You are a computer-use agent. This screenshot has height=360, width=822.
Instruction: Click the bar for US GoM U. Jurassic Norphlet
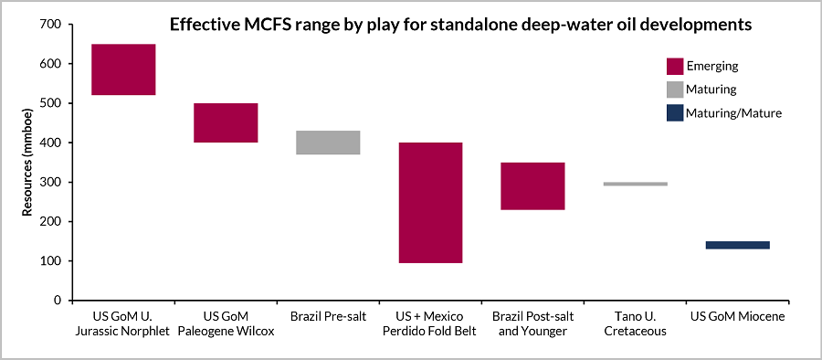(123, 69)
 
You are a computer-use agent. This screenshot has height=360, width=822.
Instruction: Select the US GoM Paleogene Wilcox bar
(226, 122)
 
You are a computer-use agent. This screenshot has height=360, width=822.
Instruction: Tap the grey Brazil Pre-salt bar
(328, 143)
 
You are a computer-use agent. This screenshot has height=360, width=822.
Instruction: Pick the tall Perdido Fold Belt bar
(430, 202)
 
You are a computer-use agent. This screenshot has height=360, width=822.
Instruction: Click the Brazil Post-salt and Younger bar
(532, 186)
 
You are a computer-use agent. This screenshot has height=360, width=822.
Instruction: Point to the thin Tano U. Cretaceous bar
(635, 184)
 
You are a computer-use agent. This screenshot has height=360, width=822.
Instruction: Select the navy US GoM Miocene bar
(737, 245)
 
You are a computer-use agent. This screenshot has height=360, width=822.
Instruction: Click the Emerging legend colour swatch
(674, 66)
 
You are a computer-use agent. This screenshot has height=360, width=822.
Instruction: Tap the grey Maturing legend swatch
(674, 90)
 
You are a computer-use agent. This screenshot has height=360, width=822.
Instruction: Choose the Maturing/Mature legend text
(734, 113)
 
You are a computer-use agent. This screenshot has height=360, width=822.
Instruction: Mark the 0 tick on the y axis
(56, 301)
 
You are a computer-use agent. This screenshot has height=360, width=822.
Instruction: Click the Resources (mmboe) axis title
(28, 163)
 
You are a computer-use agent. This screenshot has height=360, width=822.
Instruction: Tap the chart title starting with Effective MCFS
(460, 25)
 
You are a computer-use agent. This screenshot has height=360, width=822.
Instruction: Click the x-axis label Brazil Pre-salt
(328, 317)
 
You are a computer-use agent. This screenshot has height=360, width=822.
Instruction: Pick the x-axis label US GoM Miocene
(737, 317)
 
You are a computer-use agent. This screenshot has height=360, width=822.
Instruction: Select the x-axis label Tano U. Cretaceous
(635, 323)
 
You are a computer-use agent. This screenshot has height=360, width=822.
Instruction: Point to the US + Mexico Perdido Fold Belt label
(430, 323)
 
